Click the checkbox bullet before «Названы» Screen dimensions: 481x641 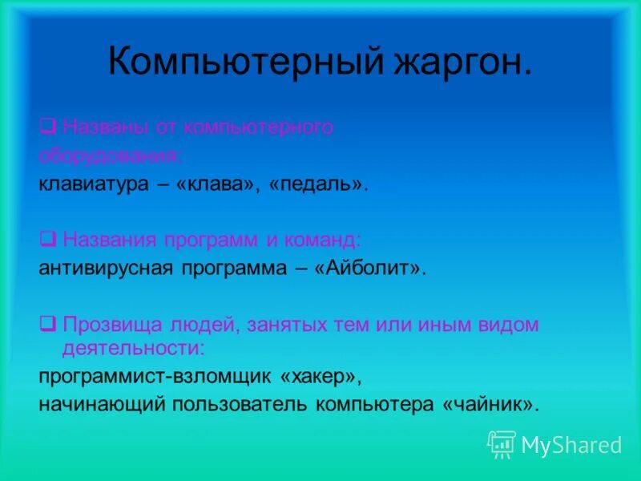coord(47,127)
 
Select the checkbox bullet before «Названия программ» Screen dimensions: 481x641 coord(47,239)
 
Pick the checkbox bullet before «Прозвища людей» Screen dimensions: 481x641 coord(47,325)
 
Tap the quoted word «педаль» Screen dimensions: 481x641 coord(321,184)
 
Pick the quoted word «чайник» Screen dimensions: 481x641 coord(488,404)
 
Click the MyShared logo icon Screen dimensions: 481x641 coord(502,444)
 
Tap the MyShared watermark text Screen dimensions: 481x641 coord(571,445)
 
